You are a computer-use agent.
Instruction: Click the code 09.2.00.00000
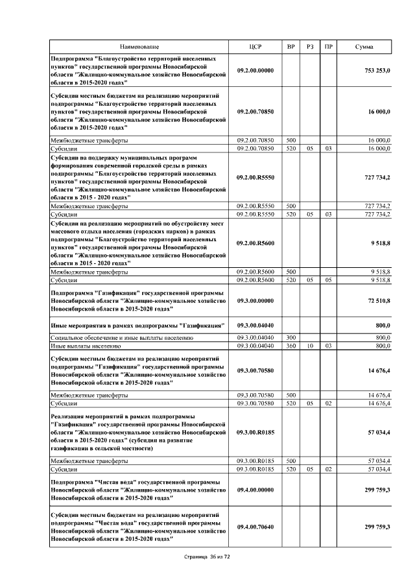(255, 70)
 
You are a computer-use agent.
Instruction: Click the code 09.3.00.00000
(255, 302)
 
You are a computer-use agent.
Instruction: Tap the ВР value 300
(291, 338)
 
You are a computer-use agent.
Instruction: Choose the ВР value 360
(291, 346)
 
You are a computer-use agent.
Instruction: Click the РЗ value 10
(310, 346)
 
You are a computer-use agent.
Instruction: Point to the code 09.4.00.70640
(255, 527)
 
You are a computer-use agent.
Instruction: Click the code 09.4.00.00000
(255, 491)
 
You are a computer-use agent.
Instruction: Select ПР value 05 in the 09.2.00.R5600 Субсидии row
(329, 280)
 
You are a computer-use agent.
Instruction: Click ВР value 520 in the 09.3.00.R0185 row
(291, 468)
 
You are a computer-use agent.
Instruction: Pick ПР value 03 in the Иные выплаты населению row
(329, 346)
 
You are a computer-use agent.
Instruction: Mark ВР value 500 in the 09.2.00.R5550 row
(291, 206)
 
